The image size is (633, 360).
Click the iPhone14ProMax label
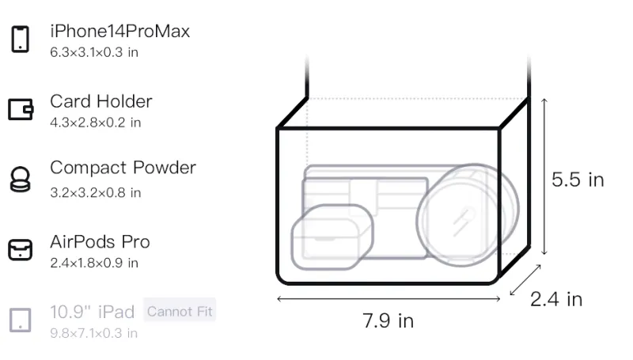pos(120,31)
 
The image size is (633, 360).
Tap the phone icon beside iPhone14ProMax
pos(21,39)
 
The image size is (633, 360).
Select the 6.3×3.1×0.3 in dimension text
pos(94,52)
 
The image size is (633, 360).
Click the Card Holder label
pos(101,101)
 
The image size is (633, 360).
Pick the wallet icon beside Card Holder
pos(21,109)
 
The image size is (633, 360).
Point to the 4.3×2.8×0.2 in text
pos(95,123)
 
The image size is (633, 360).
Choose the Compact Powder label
pos(123,168)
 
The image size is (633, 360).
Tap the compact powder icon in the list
pos(21,179)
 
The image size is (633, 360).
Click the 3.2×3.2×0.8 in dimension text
pos(95,192)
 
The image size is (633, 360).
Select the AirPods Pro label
pos(100,242)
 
